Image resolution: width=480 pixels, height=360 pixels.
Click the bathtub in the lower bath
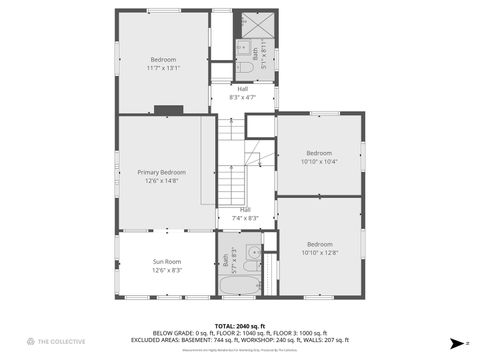coord(238,286)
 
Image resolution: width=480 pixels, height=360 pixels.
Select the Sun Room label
coord(166,261)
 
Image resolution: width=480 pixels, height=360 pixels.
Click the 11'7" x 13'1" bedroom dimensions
coord(162,68)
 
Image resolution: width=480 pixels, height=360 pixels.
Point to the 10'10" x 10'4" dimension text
coord(319,161)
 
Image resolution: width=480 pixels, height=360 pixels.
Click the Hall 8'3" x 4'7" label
coord(242,93)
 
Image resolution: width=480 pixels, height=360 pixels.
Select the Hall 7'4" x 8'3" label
coord(245,213)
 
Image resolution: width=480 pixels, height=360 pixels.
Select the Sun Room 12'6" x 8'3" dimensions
coord(166,270)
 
